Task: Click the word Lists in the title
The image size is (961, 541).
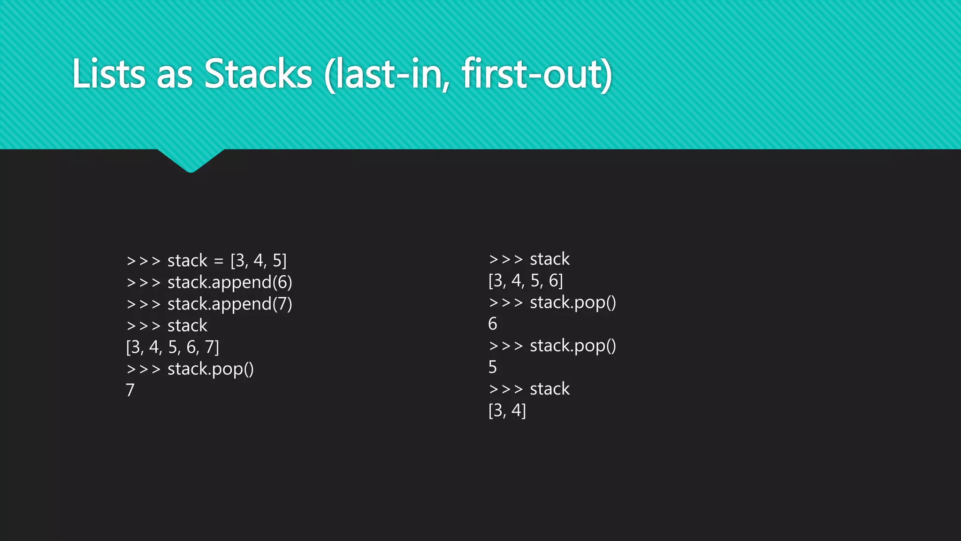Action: point(108,74)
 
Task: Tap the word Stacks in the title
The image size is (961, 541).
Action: point(258,74)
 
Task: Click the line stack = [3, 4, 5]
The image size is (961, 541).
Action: point(206,260)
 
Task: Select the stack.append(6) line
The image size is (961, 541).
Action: point(209,282)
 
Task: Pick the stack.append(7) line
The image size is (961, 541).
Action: point(209,304)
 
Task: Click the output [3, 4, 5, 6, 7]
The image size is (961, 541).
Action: point(172,347)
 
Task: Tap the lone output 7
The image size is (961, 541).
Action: point(130,390)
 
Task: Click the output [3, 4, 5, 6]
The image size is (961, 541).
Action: point(526,281)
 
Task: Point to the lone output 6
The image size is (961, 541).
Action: point(492,324)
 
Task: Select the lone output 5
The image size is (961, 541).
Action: point(492,367)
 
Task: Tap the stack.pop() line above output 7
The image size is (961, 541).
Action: point(190,369)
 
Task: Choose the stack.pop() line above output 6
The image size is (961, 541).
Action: point(552,302)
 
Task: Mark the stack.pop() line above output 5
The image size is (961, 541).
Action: point(552,346)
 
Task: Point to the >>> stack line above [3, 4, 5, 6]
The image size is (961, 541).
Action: point(529,259)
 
